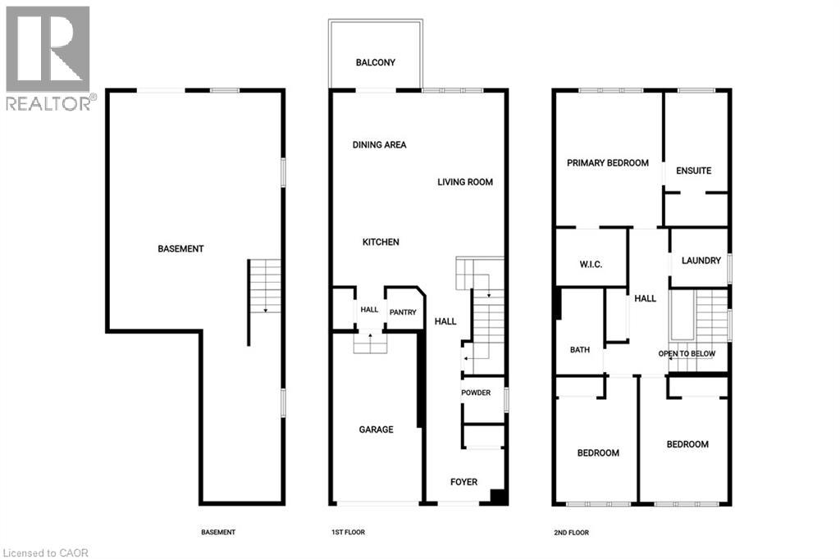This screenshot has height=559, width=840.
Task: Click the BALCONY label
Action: click(375, 62)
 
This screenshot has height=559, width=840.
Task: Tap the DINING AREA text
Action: click(379, 144)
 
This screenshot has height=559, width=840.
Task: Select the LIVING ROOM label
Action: click(465, 182)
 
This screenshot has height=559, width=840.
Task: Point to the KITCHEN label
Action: click(381, 242)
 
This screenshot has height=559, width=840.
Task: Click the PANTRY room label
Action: click(403, 312)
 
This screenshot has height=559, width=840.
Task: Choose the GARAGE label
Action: click(376, 429)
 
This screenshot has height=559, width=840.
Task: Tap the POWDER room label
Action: click(476, 393)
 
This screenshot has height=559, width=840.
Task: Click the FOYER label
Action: click(464, 482)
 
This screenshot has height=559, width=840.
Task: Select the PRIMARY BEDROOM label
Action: click(608, 163)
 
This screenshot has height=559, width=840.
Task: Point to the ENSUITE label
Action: click(694, 170)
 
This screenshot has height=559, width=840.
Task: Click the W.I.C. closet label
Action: click(591, 265)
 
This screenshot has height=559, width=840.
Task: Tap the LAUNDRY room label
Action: click(701, 261)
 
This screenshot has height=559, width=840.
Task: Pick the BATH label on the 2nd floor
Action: click(580, 350)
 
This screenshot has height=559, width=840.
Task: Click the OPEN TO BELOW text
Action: click(687, 353)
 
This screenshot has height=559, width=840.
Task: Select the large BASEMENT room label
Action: click(180, 249)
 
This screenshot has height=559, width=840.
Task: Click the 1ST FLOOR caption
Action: click(348, 532)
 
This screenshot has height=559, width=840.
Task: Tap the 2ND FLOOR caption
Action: click(571, 533)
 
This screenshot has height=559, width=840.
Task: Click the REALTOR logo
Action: click(48, 58)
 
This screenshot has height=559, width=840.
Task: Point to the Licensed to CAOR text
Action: click(45, 552)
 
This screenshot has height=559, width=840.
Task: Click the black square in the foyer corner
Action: click(499, 497)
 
